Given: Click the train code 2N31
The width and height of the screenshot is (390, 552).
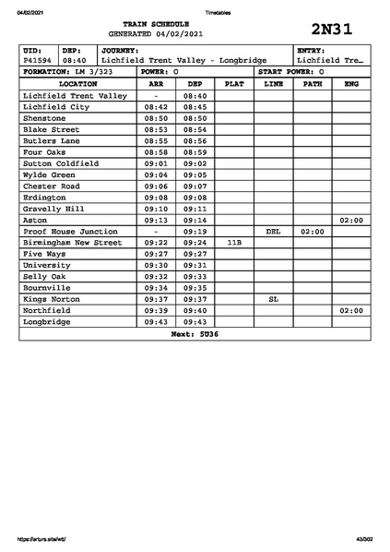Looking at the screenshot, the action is pos(332,29).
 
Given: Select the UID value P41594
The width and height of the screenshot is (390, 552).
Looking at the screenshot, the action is pos(38,60).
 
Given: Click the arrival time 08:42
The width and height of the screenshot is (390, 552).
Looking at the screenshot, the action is pos(157,107).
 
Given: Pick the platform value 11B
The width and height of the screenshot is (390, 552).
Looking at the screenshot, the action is pos(234,243).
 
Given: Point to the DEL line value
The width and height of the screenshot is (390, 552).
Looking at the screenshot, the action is pos(273,232).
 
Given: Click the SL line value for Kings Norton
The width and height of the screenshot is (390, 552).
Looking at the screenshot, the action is pos(273,299).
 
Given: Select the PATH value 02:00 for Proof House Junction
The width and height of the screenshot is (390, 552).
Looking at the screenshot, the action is pos(313,232).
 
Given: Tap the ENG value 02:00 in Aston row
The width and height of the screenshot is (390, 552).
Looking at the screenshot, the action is pos(351,221).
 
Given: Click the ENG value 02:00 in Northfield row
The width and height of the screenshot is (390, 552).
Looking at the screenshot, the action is pos(351,310).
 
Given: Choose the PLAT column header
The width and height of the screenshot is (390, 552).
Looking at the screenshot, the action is pos(234,83).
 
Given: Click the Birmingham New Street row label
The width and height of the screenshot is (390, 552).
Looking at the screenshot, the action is pos(72,243).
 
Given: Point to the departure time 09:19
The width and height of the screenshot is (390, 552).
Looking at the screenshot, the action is pos(195,232).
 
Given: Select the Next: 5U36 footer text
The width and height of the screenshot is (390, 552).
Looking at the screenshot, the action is pos(195,333).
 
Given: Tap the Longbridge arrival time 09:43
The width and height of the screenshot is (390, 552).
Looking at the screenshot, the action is pos(157,321).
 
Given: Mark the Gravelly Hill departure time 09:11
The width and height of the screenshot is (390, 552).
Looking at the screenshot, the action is pos(195,209).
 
